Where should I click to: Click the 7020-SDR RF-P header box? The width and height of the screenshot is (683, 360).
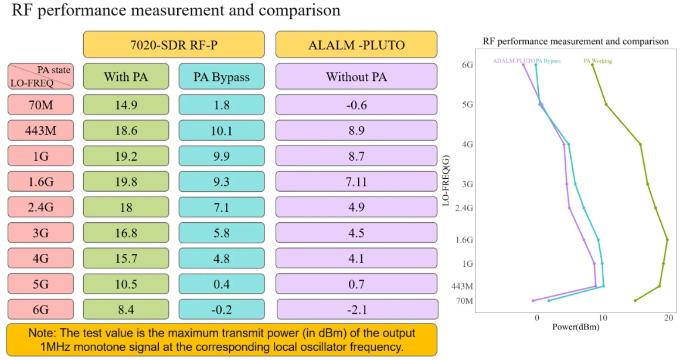tap(174, 45)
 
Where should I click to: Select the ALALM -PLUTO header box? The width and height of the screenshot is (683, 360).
tap(356, 45)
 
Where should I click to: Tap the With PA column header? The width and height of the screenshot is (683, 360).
tap(125, 77)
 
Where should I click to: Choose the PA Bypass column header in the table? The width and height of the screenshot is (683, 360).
tap(222, 77)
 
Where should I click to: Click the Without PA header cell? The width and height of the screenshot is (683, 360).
tap(356, 77)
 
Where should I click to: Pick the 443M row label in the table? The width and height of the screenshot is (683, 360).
tap(40, 131)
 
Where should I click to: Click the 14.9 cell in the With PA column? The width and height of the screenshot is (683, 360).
tap(125, 105)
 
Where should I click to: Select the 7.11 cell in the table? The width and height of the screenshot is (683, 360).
tap(356, 182)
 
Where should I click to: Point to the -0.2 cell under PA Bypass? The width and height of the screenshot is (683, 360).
tap(222, 310)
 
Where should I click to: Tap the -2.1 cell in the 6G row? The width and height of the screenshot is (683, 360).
tap(357, 310)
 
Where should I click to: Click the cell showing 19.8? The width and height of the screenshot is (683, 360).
tap(125, 182)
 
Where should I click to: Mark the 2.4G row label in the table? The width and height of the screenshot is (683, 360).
tap(40, 207)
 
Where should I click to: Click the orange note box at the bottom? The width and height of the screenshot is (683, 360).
tap(222, 339)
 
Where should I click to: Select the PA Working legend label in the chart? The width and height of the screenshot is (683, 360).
tap(597, 60)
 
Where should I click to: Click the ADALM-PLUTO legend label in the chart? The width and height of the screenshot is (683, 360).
tap(514, 60)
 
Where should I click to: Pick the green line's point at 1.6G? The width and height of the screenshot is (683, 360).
tap(667, 239)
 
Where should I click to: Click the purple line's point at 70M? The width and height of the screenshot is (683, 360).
tap(533, 301)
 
